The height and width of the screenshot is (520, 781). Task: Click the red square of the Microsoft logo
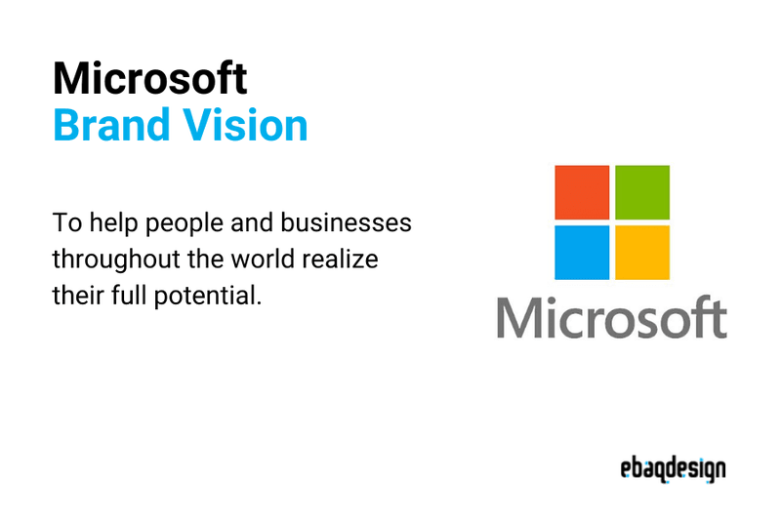582,192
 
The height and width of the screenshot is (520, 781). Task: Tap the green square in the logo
642,192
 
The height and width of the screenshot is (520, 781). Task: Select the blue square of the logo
582,253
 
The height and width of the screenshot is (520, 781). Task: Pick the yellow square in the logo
642,253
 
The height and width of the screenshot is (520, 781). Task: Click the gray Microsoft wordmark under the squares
611,317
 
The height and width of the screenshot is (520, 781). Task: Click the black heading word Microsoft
149,77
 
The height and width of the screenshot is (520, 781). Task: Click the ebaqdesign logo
673,470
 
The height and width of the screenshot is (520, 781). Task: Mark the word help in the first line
105,224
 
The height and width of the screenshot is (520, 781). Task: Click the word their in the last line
73,295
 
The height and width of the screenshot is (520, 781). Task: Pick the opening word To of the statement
64,223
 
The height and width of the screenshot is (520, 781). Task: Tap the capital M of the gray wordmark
516,317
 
